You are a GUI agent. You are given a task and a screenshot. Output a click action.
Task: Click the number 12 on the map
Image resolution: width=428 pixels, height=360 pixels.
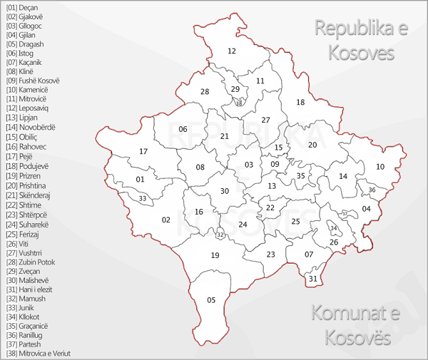click(x=232, y=51)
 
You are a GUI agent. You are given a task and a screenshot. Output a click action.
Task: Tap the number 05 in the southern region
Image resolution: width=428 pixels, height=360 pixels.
click(x=211, y=300)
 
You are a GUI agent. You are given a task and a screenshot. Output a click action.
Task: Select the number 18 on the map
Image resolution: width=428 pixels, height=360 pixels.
click(x=300, y=103)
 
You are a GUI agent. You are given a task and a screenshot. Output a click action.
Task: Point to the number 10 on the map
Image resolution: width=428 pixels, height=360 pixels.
click(x=380, y=167)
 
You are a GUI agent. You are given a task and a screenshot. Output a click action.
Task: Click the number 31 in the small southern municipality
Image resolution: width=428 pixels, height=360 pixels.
click(x=312, y=279)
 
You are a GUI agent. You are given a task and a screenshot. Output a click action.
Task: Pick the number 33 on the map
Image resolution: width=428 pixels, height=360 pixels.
click(x=143, y=198)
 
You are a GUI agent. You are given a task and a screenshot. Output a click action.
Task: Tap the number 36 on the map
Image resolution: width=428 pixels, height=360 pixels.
click(x=372, y=190)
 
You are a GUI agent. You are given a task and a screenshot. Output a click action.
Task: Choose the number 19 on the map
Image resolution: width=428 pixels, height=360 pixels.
click(x=215, y=255)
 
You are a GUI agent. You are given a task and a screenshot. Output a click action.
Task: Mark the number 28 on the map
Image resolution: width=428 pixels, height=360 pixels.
click(x=205, y=92)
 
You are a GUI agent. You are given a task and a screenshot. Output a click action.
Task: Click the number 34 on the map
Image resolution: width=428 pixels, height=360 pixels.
click(x=333, y=228)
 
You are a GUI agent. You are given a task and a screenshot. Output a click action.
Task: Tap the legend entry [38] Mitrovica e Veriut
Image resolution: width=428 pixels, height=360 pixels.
click(x=39, y=353)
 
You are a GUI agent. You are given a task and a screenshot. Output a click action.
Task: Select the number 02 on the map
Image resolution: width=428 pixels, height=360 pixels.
click(x=166, y=220)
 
